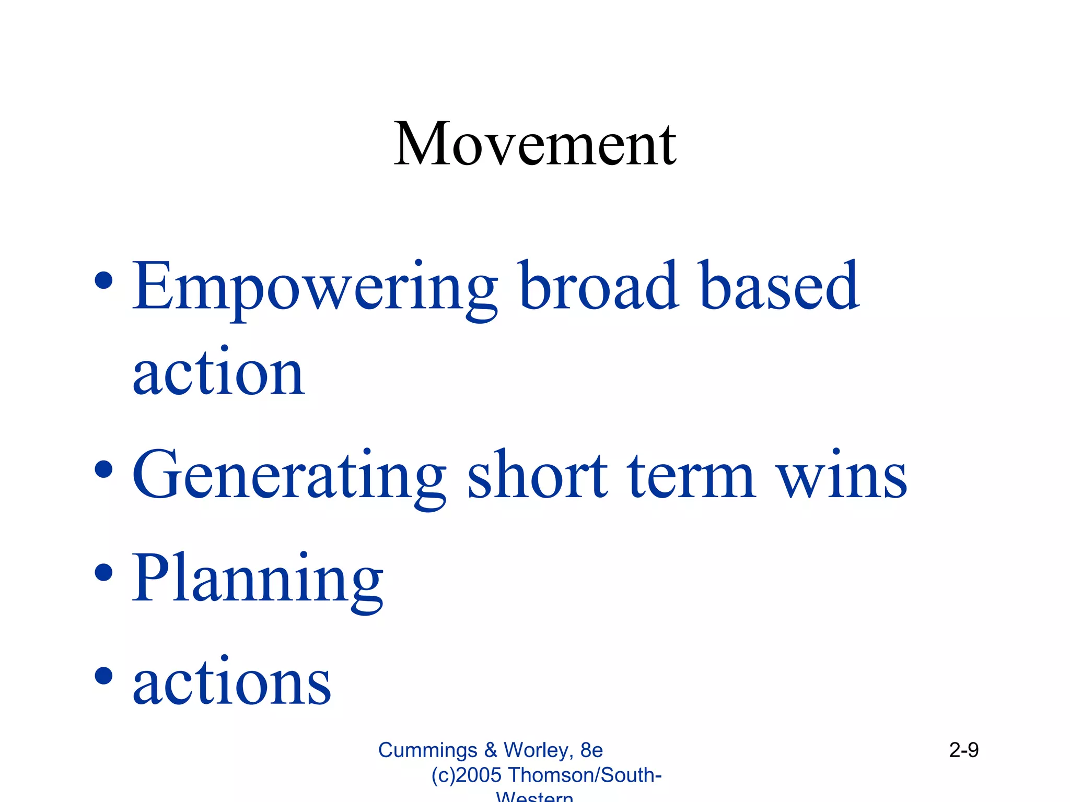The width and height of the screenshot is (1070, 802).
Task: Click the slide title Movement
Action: pos(535,144)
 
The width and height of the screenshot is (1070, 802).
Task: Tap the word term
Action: pos(691,475)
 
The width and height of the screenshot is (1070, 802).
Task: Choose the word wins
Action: pos(842,475)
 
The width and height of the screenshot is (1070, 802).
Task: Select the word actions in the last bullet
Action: pos(231,681)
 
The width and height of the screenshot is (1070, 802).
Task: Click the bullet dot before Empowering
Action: pos(104,280)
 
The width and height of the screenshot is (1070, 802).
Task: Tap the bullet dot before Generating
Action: pos(104,469)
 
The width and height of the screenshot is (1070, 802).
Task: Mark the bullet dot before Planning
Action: pos(104,572)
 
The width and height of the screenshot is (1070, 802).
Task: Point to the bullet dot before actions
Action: pos(104,675)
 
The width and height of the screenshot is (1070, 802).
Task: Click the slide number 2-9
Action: pos(963,750)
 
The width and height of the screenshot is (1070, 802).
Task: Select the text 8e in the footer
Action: pos(591,750)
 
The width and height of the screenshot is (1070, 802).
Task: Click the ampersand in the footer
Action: pos(490,750)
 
